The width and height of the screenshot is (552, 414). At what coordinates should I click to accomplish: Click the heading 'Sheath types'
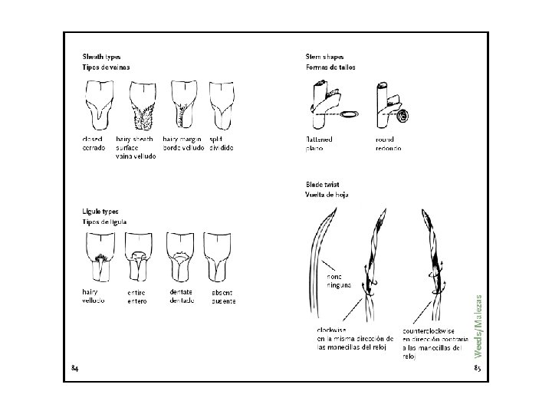click(x=101, y=58)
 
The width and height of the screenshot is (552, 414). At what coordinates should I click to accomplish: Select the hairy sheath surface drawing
click(x=143, y=107)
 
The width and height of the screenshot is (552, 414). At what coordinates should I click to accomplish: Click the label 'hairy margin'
click(x=182, y=140)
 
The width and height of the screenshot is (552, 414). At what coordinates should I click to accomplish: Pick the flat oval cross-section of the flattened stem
click(x=350, y=114)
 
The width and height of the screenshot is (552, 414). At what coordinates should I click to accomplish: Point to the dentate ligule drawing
click(x=182, y=258)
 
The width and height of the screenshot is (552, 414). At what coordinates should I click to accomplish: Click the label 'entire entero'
click(x=137, y=297)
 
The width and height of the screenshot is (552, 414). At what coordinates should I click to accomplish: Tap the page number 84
click(x=74, y=368)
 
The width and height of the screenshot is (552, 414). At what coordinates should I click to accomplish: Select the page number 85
click(x=477, y=369)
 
